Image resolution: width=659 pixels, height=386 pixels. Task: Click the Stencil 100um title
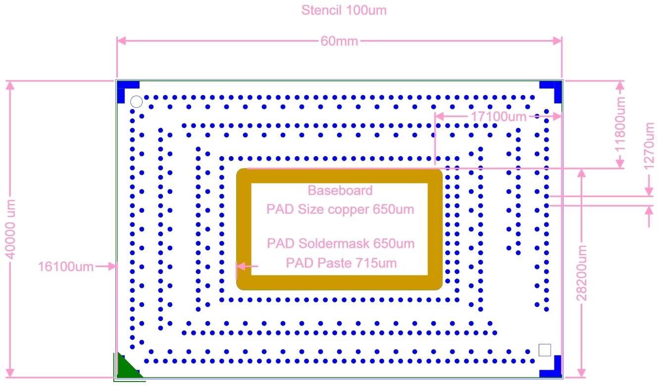pyautogui.click(x=344, y=10)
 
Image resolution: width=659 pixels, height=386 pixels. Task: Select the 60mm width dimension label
pyautogui.click(x=339, y=41)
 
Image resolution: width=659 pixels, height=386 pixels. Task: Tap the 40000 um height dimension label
pyautogui.click(x=10, y=229)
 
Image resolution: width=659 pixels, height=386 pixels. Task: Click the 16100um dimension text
pyautogui.click(x=66, y=267)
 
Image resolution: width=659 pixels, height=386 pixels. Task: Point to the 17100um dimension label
pyautogui.click(x=499, y=116)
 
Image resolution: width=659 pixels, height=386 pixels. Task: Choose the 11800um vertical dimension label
pyautogui.click(x=620, y=124)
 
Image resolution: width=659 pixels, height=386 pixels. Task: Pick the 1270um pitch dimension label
pyautogui.click(x=649, y=146)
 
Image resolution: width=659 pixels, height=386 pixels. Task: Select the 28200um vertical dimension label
pyautogui.click(x=582, y=273)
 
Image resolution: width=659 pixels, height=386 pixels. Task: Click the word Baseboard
pyautogui.click(x=340, y=190)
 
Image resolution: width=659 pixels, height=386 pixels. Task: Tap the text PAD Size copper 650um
pyautogui.click(x=340, y=209)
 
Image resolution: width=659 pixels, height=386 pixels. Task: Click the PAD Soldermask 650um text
pyautogui.click(x=341, y=243)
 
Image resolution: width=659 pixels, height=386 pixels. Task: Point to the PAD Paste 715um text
pyautogui.click(x=341, y=263)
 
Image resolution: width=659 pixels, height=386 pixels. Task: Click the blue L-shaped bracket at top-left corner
pyautogui.click(x=121, y=85)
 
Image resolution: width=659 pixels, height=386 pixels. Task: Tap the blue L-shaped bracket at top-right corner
pyautogui.click(x=558, y=85)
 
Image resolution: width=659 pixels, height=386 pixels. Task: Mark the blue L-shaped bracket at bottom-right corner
pyautogui.click(x=558, y=373)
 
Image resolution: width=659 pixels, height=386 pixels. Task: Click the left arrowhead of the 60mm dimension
pyautogui.click(x=121, y=41)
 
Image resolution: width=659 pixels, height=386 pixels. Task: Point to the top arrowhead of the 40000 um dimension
pyautogui.click(x=10, y=85)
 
